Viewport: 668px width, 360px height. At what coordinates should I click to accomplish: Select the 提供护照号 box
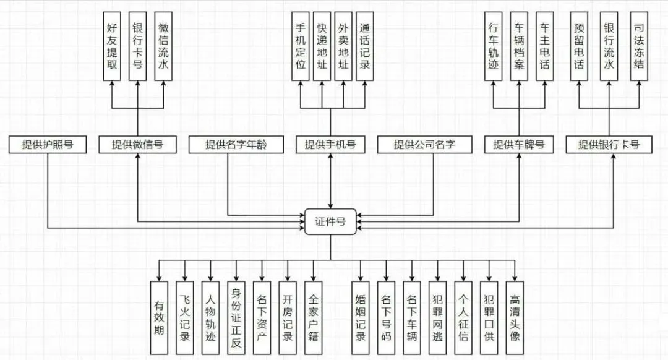tap(48, 145)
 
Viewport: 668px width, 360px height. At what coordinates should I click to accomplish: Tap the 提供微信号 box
tap(137, 145)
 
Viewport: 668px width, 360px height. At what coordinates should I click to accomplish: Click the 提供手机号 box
tap(330, 145)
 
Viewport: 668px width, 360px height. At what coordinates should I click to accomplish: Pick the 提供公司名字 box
tap(424, 145)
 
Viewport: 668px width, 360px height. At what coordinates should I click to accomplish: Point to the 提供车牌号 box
tap(518, 145)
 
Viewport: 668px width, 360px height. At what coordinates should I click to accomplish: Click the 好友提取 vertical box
tap(112, 46)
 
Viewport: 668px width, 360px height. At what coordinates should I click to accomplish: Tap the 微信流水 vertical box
tap(163, 46)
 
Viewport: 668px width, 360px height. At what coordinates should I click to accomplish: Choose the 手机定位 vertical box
tap(301, 46)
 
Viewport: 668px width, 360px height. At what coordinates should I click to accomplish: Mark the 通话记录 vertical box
tap(364, 46)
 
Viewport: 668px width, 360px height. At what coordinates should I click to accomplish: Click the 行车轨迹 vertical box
tap(493, 46)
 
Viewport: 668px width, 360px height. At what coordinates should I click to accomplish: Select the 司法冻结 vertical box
tap(639, 46)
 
